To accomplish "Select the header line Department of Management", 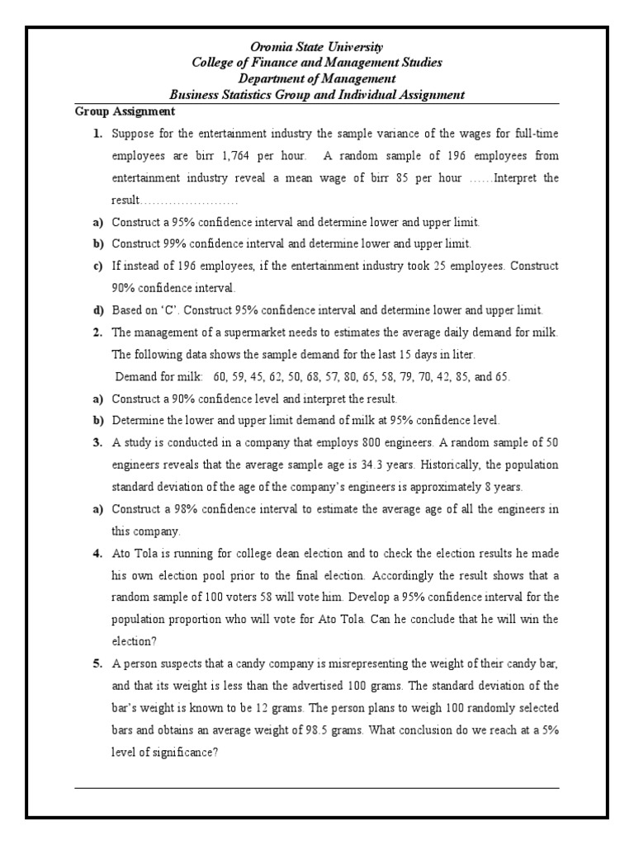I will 317,78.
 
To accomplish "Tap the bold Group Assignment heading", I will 125,111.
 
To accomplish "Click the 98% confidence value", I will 174,509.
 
